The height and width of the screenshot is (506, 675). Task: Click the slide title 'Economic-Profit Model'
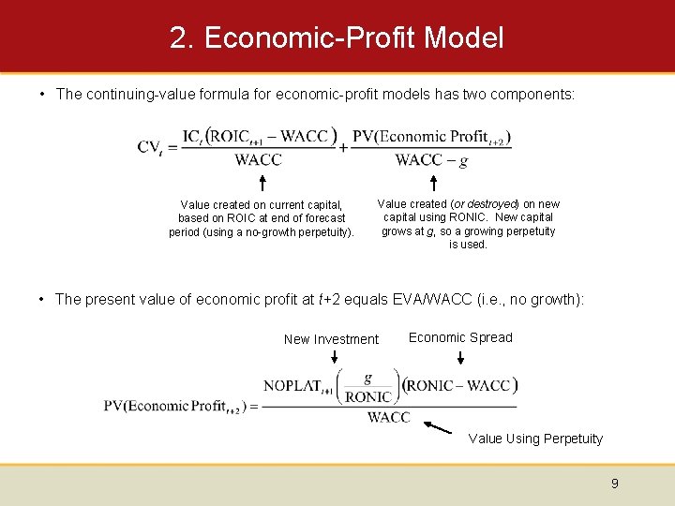tap(337, 38)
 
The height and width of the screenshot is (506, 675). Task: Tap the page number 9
tap(614, 484)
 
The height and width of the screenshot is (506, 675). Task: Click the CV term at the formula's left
tap(153, 147)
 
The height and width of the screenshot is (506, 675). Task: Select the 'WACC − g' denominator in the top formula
tap(431, 160)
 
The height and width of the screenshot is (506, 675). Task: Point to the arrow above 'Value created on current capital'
tap(262, 182)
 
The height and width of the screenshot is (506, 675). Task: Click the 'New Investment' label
tap(331, 339)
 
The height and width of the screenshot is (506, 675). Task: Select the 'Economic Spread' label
tap(460, 337)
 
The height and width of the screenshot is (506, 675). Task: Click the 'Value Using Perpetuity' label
tap(535, 439)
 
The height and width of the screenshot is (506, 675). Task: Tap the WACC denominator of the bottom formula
tap(388, 418)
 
